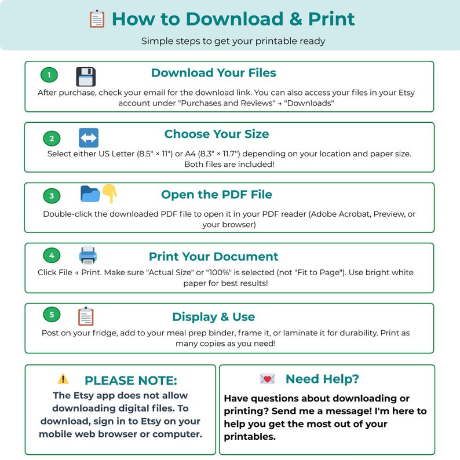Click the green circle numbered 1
click(x=49, y=75)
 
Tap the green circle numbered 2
click(x=52, y=138)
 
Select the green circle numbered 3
click(x=52, y=196)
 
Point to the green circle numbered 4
click(x=52, y=255)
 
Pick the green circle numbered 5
click(x=52, y=315)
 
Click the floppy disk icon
click(x=86, y=76)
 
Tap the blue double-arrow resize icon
click(x=89, y=137)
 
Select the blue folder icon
click(x=90, y=194)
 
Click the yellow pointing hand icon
click(x=110, y=193)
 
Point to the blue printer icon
click(x=87, y=255)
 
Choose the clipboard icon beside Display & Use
click(x=86, y=316)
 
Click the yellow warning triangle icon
click(x=63, y=378)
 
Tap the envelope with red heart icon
click(x=267, y=379)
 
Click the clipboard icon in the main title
click(x=97, y=19)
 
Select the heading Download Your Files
click(x=214, y=73)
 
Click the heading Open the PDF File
click(x=217, y=195)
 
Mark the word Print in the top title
click(x=331, y=19)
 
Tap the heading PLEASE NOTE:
click(x=131, y=381)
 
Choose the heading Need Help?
click(x=322, y=379)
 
